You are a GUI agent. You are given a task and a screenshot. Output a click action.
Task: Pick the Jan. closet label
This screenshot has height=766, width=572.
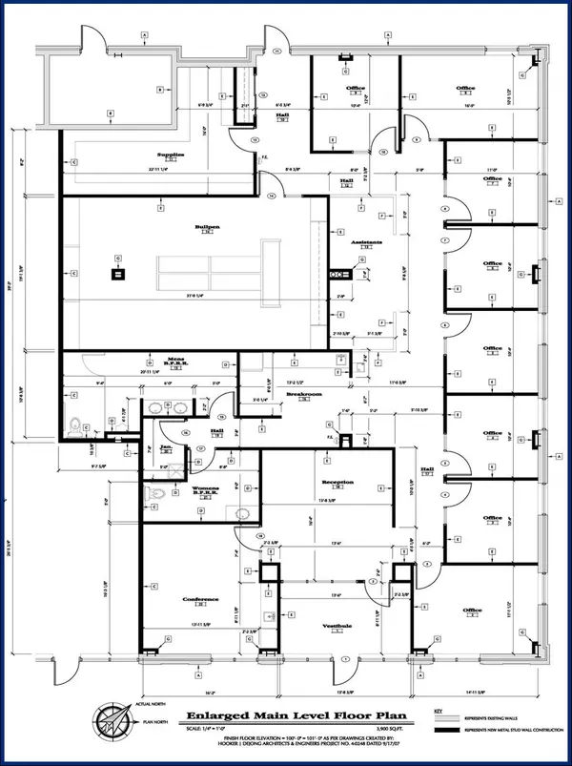[x=165, y=446]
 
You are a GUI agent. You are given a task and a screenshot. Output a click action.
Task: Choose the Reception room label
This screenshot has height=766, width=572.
[x=337, y=483]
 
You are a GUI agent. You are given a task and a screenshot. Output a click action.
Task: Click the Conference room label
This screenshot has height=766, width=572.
[x=201, y=599]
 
